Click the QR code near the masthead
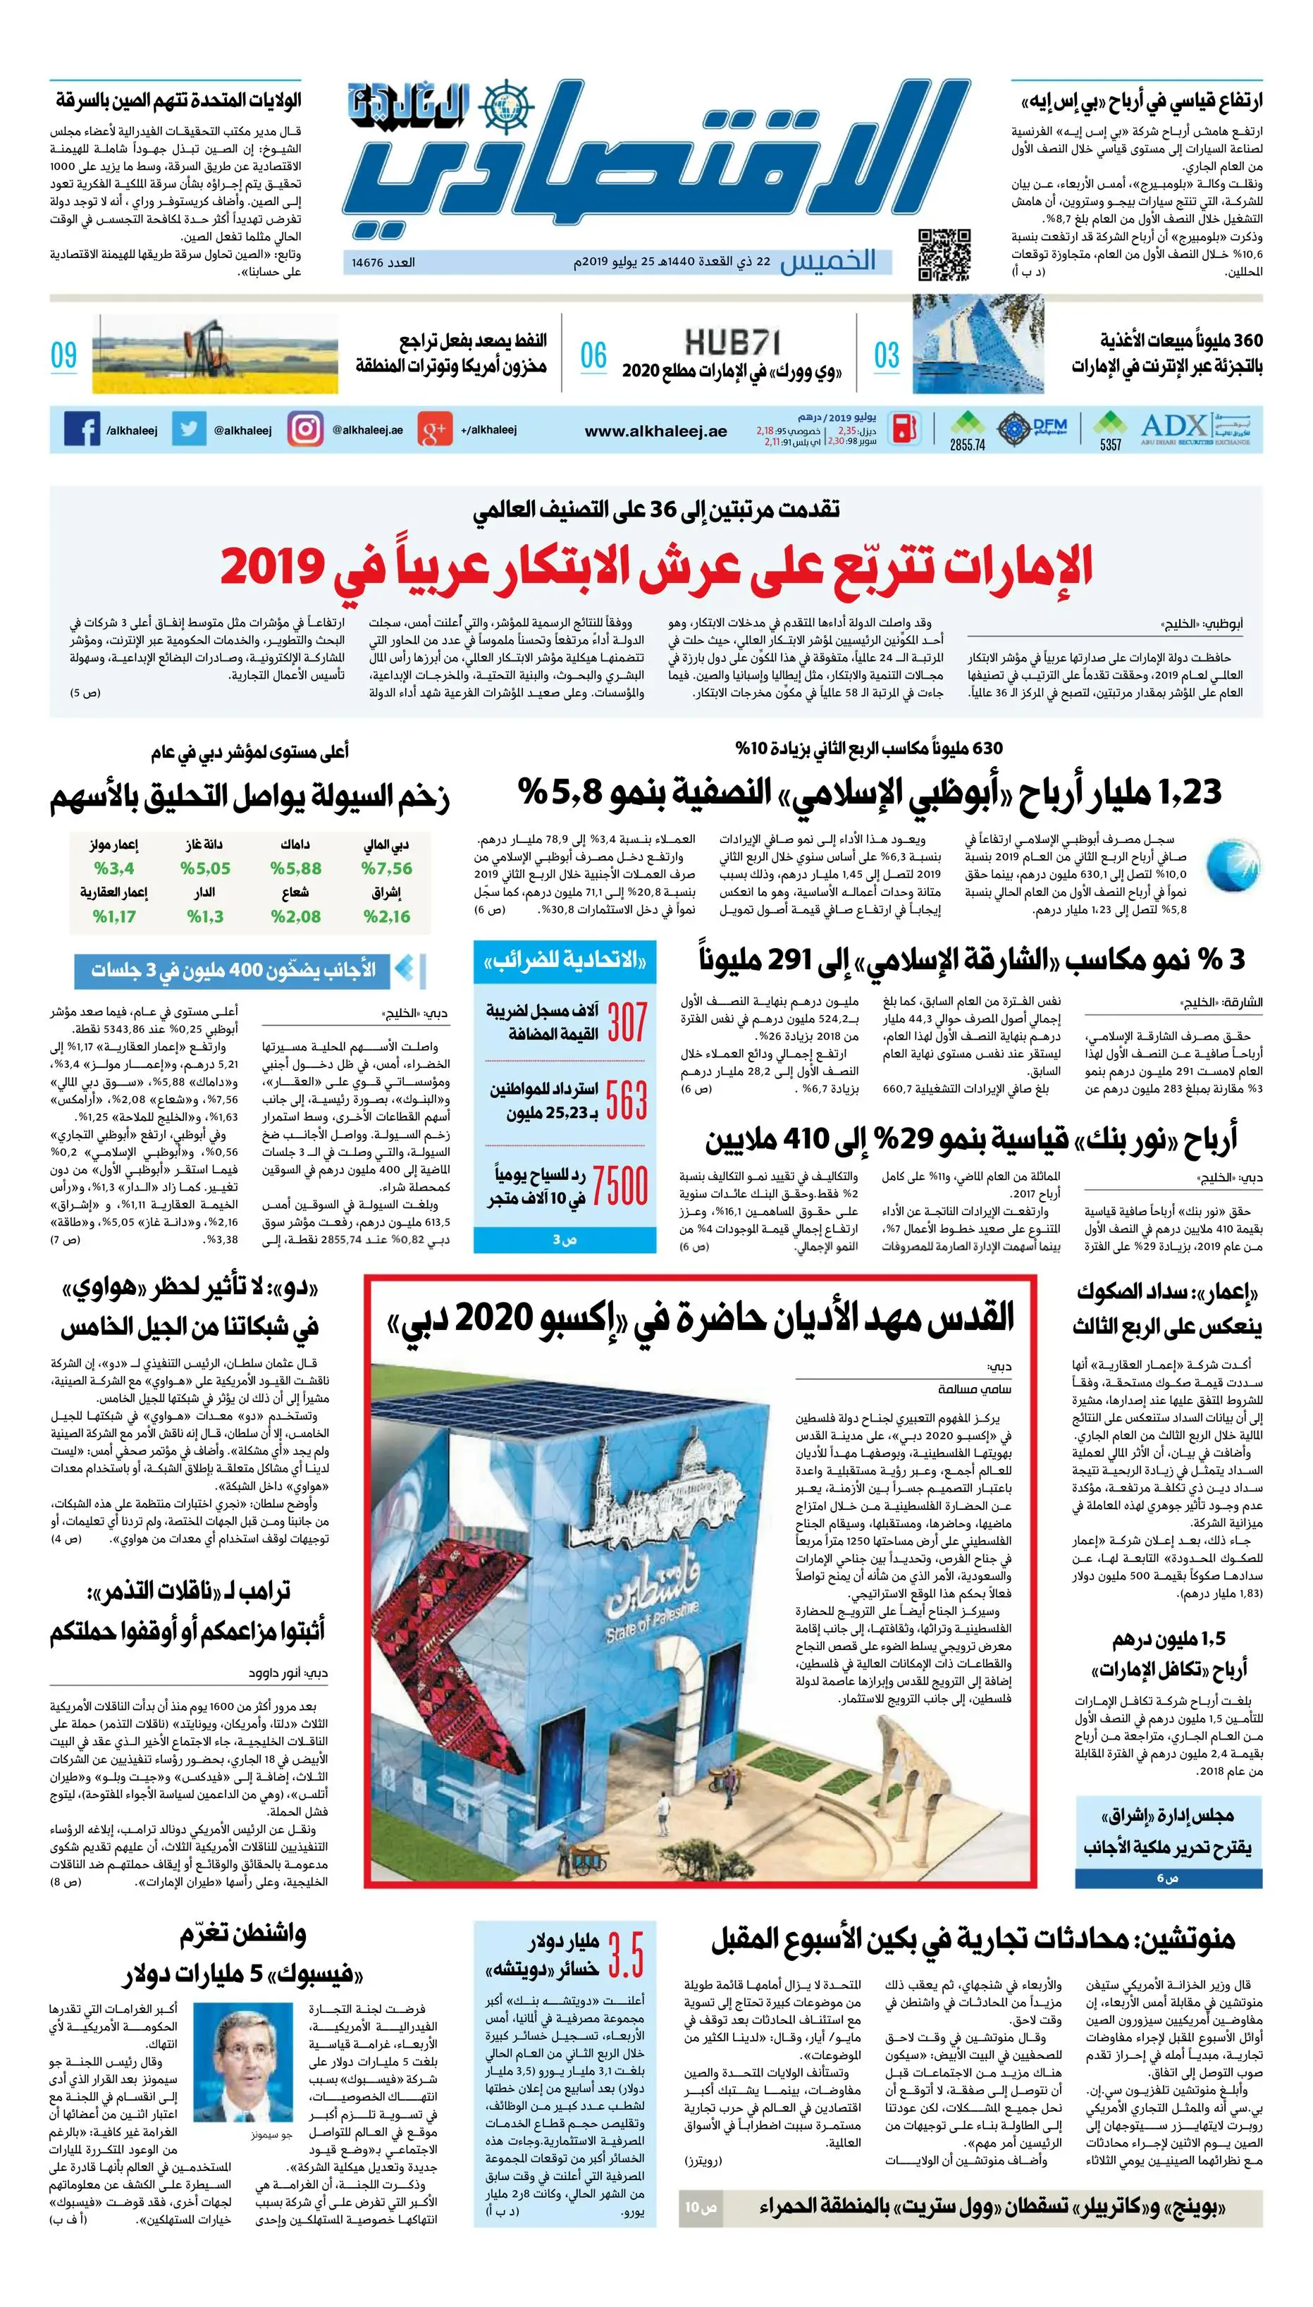coord(944,255)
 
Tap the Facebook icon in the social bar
coord(82,429)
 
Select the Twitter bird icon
coord(188,429)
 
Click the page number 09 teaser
coord(64,355)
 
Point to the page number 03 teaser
coord(887,355)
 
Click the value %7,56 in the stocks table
coord(386,868)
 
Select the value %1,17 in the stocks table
coord(113,916)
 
